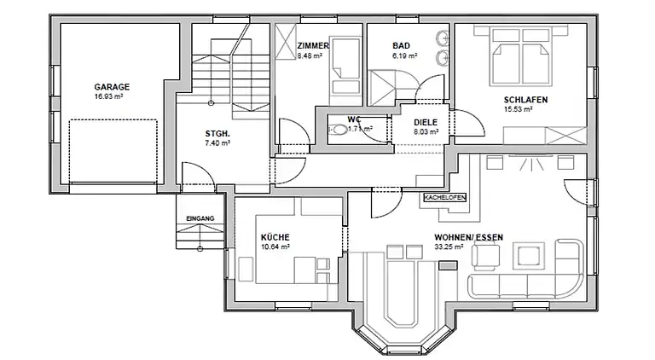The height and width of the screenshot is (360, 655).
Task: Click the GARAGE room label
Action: [x=112, y=87]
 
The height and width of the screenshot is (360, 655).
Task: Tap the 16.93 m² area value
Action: [x=112, y=96]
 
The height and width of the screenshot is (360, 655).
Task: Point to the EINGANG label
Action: [x=200, y=219]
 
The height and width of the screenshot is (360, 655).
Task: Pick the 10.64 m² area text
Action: [x=276, y=247]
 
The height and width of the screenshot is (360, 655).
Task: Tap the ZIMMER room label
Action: [x=312, y=46]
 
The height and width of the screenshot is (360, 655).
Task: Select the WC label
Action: [x=353, y=119]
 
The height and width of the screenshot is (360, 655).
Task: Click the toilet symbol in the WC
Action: [x=339, y=130]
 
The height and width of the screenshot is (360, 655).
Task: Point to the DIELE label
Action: [x=426, y=122]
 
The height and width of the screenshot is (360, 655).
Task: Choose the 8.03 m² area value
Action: [x=426, y=131]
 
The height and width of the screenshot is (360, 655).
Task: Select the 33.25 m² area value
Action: [x=449, y=247]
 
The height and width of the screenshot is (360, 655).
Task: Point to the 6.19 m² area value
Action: [x=403, y=55]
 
